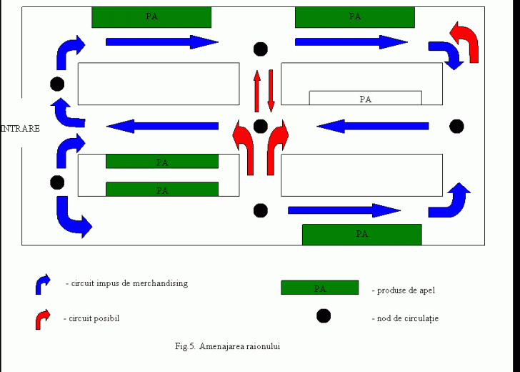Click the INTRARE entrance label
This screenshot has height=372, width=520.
[20, 129]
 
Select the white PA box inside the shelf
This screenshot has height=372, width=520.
[365, 99]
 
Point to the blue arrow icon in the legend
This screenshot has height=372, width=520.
[43, 284]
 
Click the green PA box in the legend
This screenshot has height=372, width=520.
[319, 288]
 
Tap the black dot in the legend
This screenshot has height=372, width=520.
[324, 315]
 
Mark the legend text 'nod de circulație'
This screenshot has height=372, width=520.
[408, 318]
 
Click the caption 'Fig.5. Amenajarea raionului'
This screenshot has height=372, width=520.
[227, 346]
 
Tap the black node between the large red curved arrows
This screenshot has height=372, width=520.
[261, 127]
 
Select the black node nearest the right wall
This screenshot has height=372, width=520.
[456, 127]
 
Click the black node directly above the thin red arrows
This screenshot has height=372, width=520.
[261, 49]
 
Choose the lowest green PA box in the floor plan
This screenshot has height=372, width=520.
[361, 234]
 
